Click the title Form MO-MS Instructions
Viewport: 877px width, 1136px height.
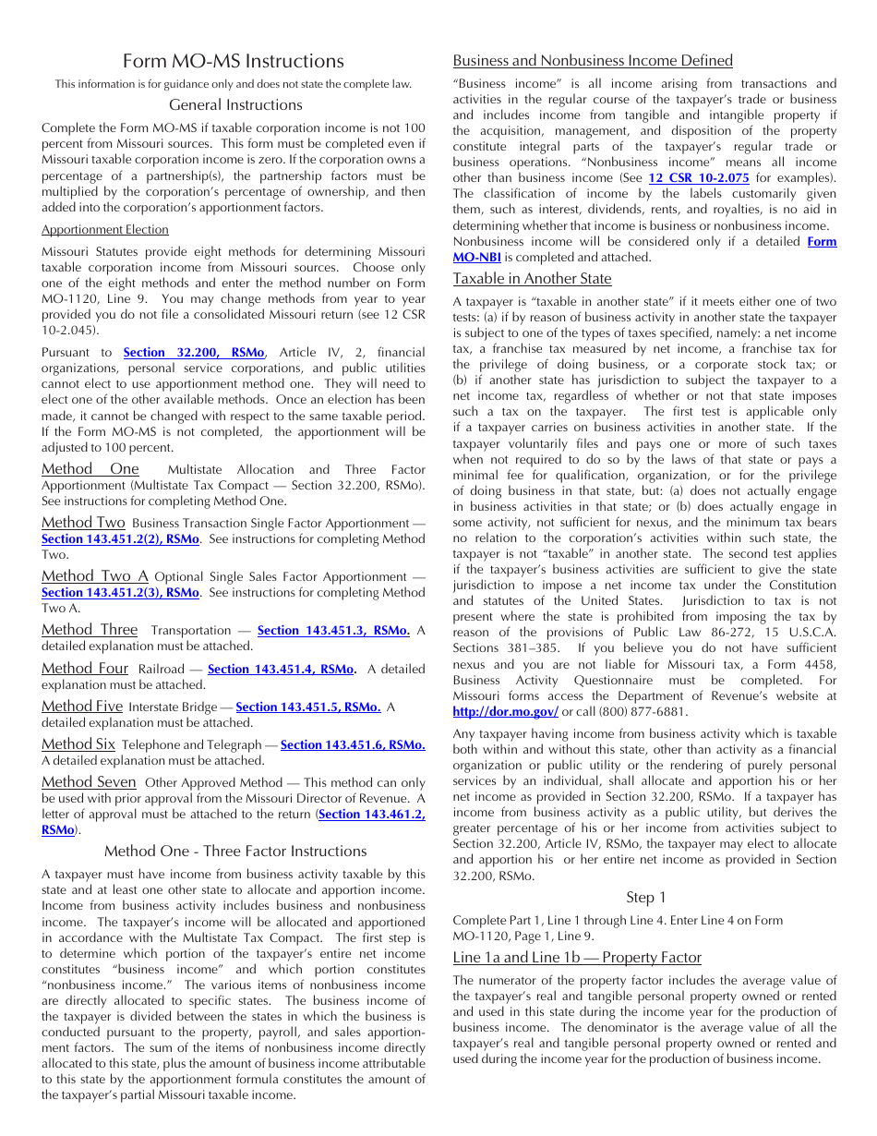(x=234, y=61)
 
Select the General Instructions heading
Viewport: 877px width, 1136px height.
(x=235, y=105)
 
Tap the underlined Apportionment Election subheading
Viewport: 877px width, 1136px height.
(x=105, y=230)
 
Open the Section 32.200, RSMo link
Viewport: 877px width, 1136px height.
(x=194, y=353)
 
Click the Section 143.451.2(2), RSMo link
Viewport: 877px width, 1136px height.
(x=120, y=539)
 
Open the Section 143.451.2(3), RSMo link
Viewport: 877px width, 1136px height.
(x=120, y=593)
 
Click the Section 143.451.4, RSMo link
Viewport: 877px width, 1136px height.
(x=282, y=670)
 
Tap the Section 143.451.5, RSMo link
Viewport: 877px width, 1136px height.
(x=308, y=707)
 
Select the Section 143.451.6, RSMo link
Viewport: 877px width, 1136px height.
(x=353, y=745)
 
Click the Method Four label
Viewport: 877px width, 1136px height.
(x=85, y=669)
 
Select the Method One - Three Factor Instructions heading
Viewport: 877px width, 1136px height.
(x=235, y=852)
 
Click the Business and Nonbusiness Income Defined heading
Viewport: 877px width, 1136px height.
(x=593, y=61)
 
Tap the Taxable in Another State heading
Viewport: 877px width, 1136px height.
(x=532, y=279)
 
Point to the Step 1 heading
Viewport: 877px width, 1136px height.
(x=645, y=898)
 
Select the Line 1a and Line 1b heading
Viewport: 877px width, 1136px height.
(x=577, y=957)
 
